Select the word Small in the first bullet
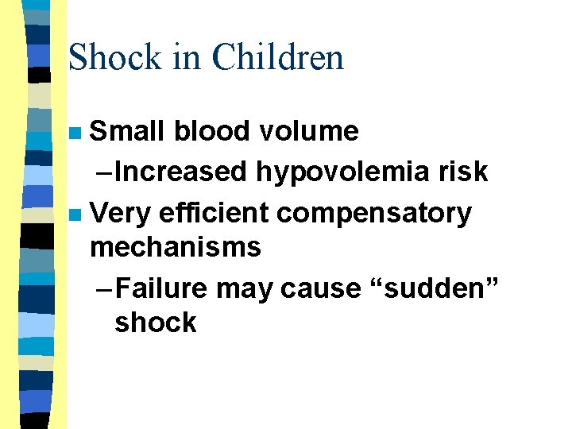pos(127,131)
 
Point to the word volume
pos(312,131)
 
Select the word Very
pos(121,213)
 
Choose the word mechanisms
pos(176,247)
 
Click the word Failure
pos(161,288)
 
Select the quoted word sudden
pos(430,288)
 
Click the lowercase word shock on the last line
pos(155,322)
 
